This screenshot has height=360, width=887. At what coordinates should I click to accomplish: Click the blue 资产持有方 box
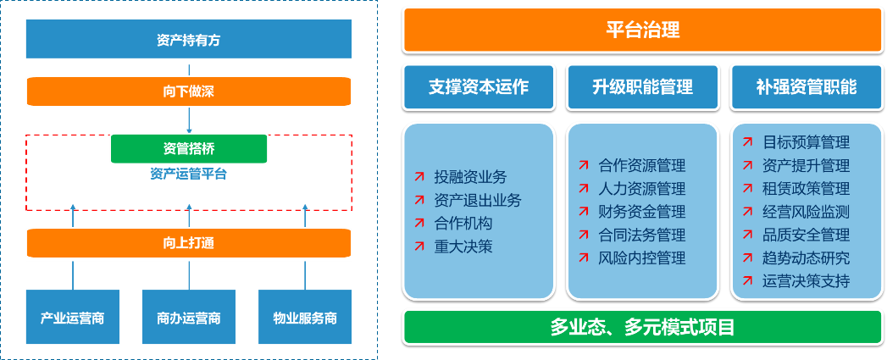(188, 39)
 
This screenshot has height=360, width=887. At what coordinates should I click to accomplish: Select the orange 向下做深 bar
(188, 91)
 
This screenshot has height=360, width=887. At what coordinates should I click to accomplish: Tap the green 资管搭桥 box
(189, 148)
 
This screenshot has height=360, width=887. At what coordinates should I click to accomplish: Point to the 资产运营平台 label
(189, 174)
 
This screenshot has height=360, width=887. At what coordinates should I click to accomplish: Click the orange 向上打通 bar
(188, 243)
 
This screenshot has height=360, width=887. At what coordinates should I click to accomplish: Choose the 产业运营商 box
(72, 318)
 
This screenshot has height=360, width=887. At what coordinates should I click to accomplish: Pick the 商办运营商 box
(188, 318)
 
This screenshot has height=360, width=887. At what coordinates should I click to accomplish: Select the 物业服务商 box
(305, 318)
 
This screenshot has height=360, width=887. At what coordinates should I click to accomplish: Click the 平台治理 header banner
(642, 30)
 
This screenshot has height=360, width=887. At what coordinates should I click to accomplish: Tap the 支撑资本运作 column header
(479, 86)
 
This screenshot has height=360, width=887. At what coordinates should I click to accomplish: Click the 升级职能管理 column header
(642, 86)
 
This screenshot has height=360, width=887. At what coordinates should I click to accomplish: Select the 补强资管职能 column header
(806, 86)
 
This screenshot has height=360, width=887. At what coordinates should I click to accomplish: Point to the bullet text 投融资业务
(470, 177)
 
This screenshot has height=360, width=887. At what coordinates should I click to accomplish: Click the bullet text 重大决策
(463, 246)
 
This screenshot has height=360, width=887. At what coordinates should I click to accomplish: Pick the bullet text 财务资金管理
(641, 212)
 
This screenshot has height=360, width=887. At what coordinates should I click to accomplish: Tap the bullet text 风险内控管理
(641, 258)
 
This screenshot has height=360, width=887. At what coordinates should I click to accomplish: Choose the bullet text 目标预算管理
(806, 142)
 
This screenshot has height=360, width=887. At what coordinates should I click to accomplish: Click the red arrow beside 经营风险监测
(746, 212)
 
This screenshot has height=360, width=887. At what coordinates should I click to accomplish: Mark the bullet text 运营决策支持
(806, 280)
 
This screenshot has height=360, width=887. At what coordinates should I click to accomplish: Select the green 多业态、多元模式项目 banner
(642, 327)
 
